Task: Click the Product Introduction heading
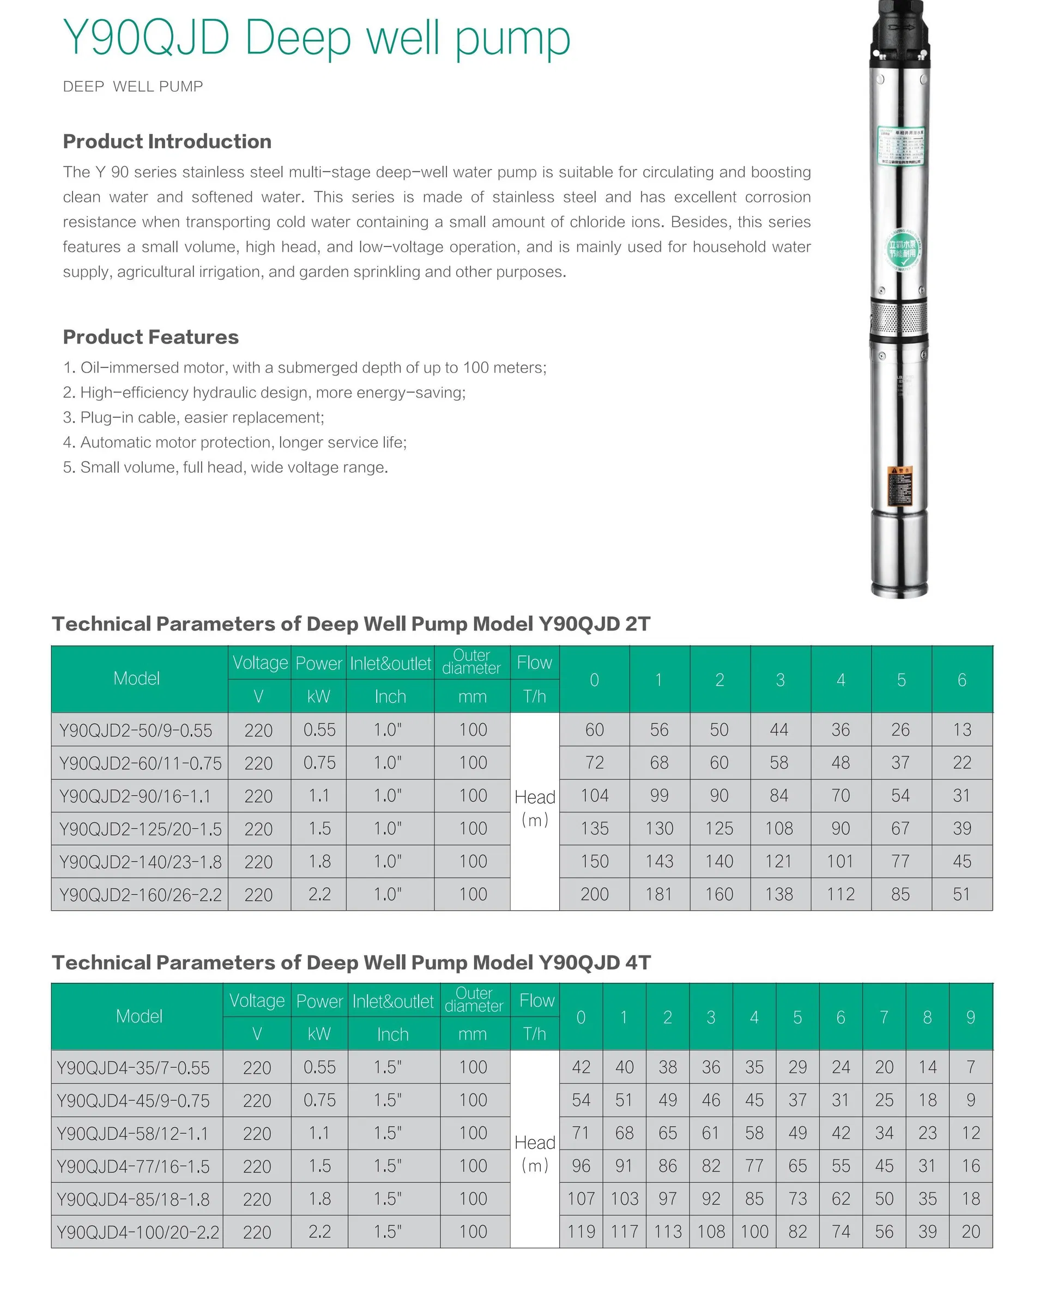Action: [167, 142]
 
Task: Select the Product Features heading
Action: [150, 337]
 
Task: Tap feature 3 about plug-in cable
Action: [194, 418]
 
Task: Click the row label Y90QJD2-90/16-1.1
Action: [135, 796]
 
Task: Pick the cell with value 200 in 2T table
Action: [594, 894]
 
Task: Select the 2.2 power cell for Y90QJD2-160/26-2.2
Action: [319, 894]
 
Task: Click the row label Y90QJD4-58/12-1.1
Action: [132, 1134]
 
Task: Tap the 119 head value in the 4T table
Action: [581, 1232]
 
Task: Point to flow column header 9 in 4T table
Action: [970, 1018]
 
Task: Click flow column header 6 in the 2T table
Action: [962, 680]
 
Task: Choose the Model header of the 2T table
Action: [137, 679]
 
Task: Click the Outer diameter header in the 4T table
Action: [474, 1000]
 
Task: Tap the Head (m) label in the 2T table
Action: [535, 808]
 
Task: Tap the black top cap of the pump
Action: [899, 30]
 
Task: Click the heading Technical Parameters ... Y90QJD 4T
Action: [350, 963]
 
